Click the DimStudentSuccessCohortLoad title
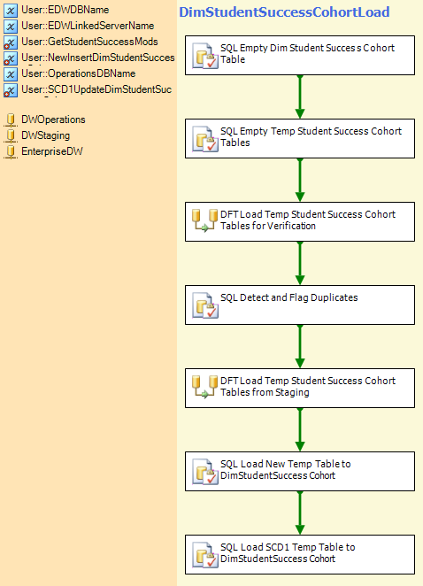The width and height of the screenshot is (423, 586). pos(284,12)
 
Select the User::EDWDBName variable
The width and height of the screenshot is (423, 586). pos(65,10)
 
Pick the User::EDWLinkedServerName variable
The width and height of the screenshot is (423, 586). pos(88,26)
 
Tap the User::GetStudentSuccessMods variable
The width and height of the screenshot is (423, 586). pos(89,42)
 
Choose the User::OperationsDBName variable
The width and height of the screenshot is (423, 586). pos(78,73)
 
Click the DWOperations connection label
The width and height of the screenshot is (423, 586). pos(53,120)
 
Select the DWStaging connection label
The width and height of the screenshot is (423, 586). pos(46,135)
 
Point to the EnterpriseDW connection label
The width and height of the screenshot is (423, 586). pos(52,151)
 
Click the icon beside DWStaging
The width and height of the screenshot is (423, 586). pos(11,135)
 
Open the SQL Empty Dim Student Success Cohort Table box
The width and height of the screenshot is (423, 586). pos(300,55)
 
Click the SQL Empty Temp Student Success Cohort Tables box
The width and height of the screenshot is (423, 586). pos(300,139)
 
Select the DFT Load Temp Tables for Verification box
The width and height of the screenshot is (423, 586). pos(300,221)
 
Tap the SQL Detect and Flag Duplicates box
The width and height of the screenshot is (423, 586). pos(300,305)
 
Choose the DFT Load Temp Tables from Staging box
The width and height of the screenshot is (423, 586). pos(300,389)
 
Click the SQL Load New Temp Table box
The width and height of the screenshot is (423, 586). pos(300,471)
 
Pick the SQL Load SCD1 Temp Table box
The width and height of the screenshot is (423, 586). pos(300,555)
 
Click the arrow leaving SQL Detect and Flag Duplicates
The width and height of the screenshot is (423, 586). pos(300,346)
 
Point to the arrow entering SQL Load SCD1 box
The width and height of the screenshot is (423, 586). pos(300,513)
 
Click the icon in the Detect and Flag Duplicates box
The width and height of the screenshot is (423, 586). pos(204,305)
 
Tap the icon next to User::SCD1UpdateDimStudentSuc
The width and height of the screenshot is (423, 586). pos(11,90)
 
